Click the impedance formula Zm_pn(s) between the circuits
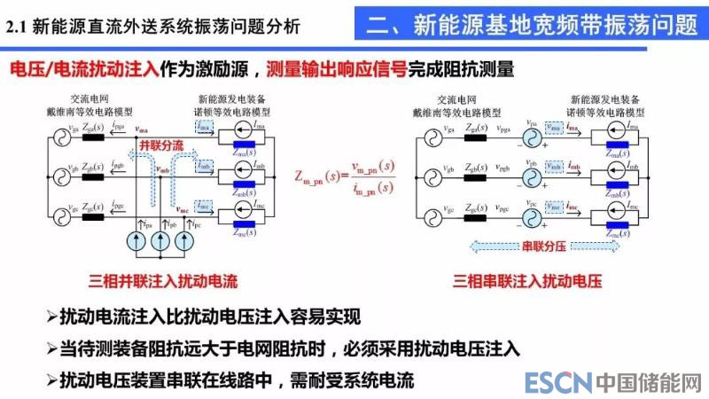pos(350,176)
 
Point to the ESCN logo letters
pos(557,383)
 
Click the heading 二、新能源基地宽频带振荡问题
pos(532,23)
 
